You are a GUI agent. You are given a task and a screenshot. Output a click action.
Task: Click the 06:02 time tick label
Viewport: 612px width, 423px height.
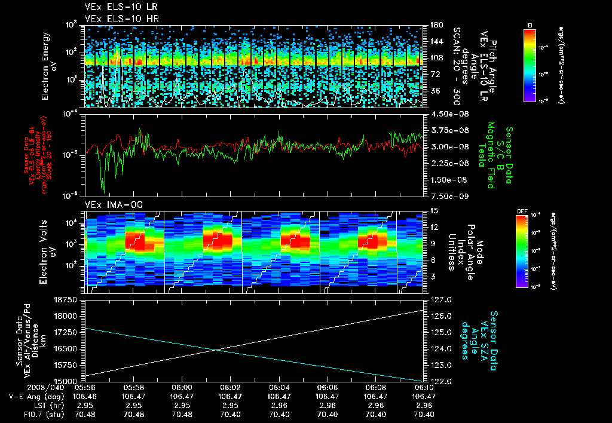point(230,387)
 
